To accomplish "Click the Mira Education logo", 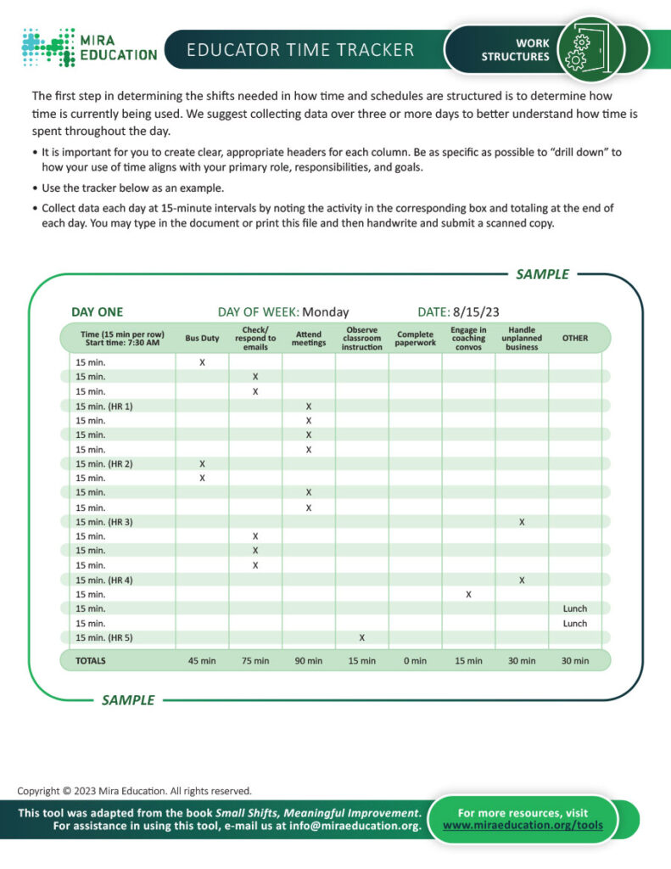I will pyautogui.click(x=89, y=47).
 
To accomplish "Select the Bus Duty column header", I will pyautogui.click(x=202, y=338).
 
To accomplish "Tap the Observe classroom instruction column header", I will pyautogui.click(x=362, y=338).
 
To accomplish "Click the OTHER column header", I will pyautogui.click(x=574, y=338).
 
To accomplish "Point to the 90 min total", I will pyautogui.click(x=309, y=660).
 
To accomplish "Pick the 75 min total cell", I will pyautogui.click(x=255, y=660).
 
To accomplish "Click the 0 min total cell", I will pyautogui.click(x=416, y=660).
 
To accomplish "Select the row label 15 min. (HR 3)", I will pyautogui.click(x=104, y=522).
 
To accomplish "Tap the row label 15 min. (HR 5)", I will pyautogui.click(x=104, y=637).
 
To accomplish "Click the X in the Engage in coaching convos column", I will pyautogui.click(x=468, y=594).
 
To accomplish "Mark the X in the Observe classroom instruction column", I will pyautogui.click(x=362, y=637).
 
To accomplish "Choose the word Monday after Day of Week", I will pyautogui.click(x=325, y=311).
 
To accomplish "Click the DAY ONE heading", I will pyautogui.click(x=97, y=311).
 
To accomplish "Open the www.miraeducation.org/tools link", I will pyautogui.click(x=523, y=825).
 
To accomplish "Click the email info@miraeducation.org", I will pyautogui.click(x=355, y=826).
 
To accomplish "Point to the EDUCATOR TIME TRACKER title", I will pyautogui.click(x=300, y=49).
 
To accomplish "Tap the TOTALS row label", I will pyautogui.click(x=92, y=660).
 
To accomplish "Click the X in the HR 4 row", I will pyautogui.click(x=522, y=580).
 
